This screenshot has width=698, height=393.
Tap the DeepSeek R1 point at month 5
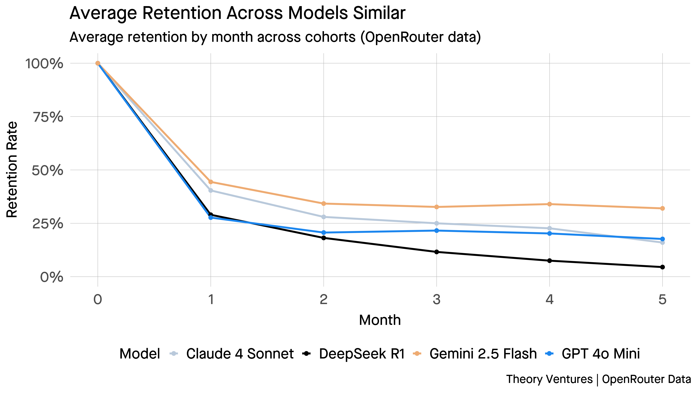coord(662,267)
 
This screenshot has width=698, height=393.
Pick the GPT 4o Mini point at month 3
coord(437,231)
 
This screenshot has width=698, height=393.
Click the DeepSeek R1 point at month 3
coord(437,252)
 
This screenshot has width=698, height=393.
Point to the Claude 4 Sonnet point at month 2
coord(324,217)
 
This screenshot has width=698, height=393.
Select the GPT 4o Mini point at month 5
coord(662,239)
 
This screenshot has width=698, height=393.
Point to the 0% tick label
coord(51,277)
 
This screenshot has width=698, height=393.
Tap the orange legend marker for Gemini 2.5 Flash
coord(417,353)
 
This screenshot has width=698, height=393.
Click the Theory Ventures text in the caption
coord(549,379)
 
